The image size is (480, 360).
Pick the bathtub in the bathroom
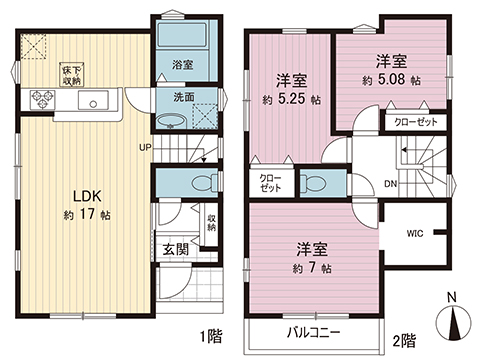pyautogui.click(x=179, y=36)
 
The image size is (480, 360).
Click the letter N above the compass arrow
pyautogui.click(x=453, y=296)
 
